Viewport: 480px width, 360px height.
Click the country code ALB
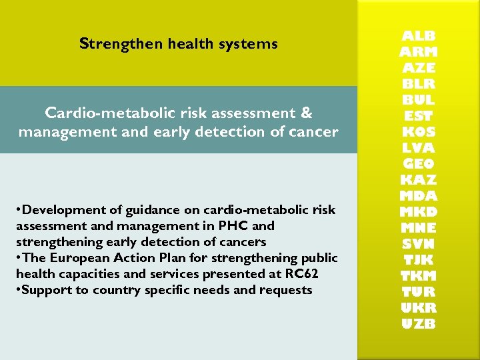(419, 36)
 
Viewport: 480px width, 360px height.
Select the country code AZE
(419, 68)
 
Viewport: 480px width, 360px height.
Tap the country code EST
(419, 116)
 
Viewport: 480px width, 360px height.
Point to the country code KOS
(419, 132)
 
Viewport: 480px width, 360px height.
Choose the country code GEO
(419, 164)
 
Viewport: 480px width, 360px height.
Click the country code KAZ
(419, 180)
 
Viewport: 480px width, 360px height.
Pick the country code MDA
(419, 196)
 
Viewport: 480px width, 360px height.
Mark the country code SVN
(419, 244)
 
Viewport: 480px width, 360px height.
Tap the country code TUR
(419, 292)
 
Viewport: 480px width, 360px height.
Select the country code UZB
(419, 324)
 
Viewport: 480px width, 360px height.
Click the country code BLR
(419, 84)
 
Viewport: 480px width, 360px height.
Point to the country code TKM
(419, 276)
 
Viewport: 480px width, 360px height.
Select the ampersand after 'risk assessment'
(307, 113)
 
